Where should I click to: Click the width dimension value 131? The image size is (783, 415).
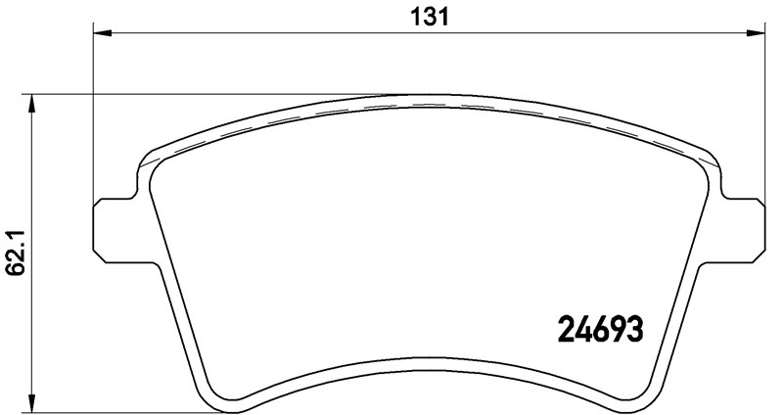429,17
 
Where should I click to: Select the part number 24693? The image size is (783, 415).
599,330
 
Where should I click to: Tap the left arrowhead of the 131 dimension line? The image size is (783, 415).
102,33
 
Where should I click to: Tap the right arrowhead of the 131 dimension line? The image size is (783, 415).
757,33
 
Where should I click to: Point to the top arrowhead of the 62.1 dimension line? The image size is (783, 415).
32,103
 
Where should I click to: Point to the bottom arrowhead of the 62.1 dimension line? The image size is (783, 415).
32,404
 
